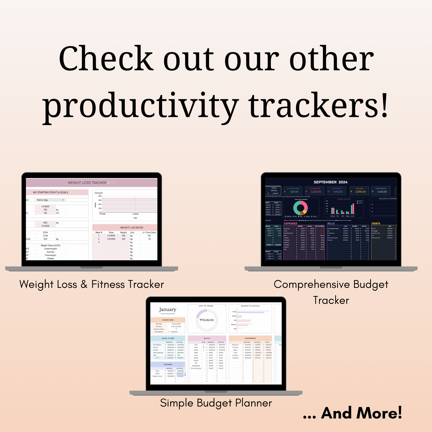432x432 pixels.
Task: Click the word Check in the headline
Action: coord(106,59)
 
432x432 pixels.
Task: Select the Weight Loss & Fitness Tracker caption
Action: coord(91,284)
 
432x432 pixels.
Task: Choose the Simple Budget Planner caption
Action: coord(216,403)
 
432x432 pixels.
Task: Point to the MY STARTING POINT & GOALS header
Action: coord(51,193)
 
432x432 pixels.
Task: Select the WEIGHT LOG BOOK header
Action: coord(132,228)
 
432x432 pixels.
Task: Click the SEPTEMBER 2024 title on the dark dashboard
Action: coord(330,182)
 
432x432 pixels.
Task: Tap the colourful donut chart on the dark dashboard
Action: coord(300,207)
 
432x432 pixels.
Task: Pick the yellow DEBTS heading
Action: coord(376,223)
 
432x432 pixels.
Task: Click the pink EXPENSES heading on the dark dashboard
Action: coord(291,223)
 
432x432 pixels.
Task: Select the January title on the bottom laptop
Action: coord(168,309)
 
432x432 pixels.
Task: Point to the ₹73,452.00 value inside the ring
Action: coord(207,320)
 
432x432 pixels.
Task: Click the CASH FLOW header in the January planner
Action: coord(168,338)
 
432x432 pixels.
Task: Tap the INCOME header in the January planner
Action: coord(168,364)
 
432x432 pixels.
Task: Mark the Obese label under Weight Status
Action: coord(51,258)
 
